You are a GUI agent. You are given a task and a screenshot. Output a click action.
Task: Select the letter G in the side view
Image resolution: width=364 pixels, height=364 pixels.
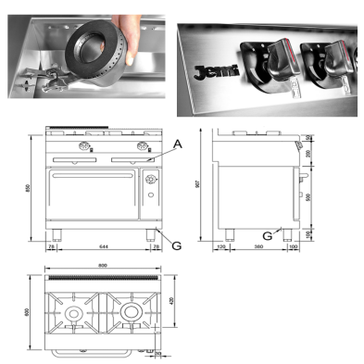pyautogui.click(x=270, y=235)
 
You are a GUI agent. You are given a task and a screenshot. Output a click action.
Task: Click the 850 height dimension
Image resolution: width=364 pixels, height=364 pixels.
pyautogui.click(x=31, y=189)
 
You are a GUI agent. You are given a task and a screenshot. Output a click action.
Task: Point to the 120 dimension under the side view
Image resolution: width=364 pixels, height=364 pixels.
pyautogui.click(x=222, y=248)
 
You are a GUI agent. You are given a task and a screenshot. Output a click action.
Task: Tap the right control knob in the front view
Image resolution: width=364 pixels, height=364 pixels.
pyautogui.click(x=144, y=149)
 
